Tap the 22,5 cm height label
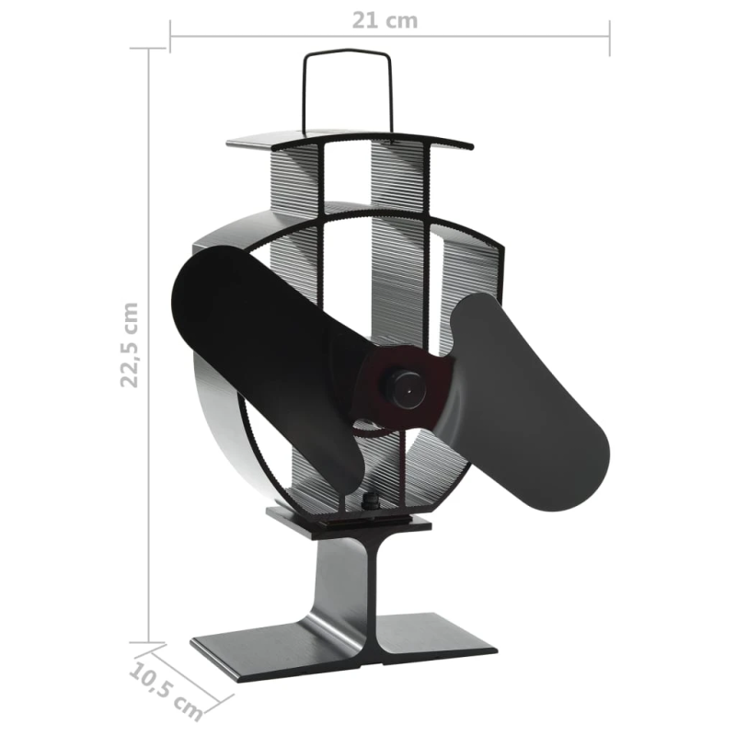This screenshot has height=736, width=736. tap(132, 344)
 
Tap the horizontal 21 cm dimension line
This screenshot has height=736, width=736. tap(276, 38)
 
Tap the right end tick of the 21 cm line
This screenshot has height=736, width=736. tap(609, 38)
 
